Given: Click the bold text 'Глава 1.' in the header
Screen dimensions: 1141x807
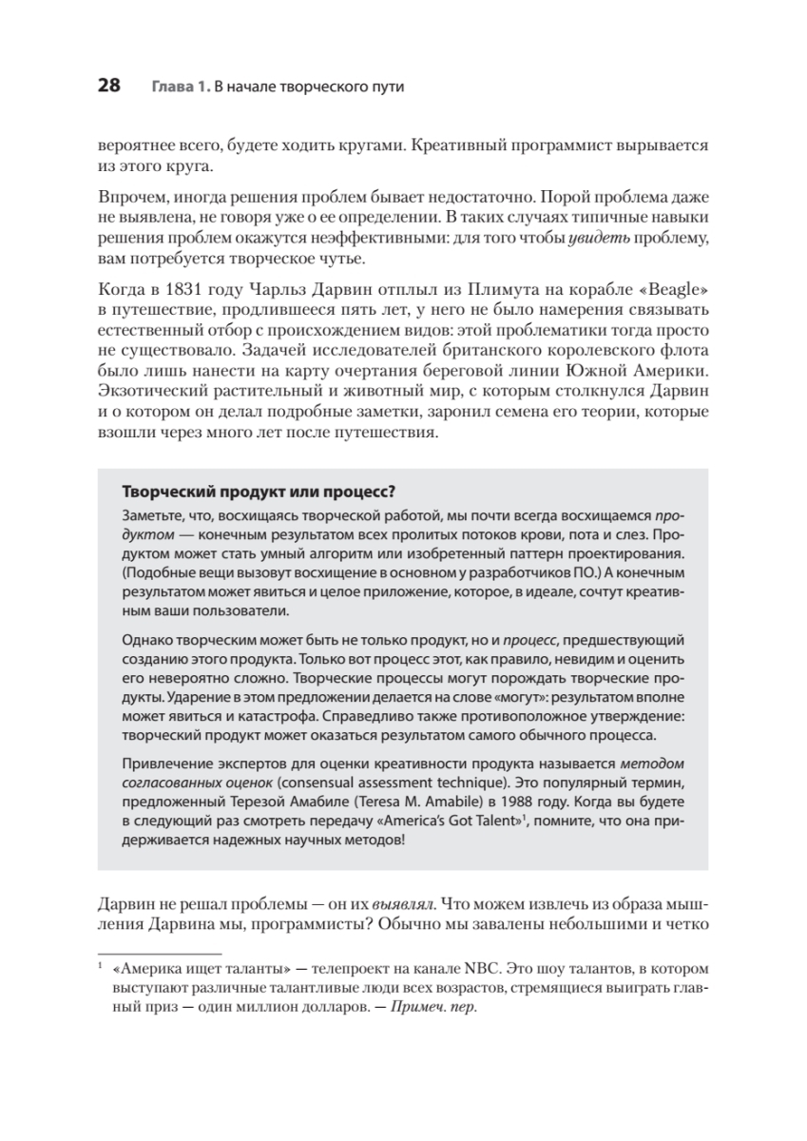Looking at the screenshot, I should (179, 87).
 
